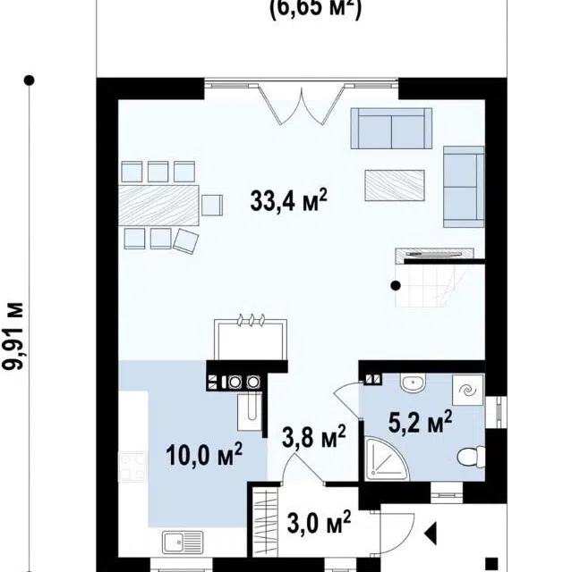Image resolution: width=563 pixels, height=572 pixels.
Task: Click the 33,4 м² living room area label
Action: [288, 200]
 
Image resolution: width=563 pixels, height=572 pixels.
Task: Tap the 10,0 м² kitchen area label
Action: [204, 454]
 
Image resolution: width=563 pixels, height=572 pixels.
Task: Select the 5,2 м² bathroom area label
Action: [420, 422]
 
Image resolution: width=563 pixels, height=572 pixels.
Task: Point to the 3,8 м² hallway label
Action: [314, 436]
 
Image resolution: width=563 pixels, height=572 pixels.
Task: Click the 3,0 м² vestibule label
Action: [319, 522]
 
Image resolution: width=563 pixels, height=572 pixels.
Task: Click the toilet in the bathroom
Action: [471, 457]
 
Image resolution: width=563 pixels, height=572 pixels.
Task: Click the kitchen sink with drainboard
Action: [183, 543]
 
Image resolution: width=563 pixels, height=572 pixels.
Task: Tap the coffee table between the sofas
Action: [395, 185]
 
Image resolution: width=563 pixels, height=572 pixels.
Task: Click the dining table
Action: [158, 205]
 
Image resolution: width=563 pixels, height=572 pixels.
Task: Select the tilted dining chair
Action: [185, 241]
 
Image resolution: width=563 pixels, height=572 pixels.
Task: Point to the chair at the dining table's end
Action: [212, 205]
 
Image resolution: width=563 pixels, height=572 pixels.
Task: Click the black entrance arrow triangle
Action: [431, 534]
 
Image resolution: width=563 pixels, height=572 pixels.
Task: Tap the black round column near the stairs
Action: [396, 286]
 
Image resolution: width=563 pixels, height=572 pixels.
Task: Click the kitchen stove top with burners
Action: [132, 466]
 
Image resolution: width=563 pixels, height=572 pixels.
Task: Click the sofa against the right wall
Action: [464, 187]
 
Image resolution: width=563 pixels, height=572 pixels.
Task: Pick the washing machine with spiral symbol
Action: [468, 390]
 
